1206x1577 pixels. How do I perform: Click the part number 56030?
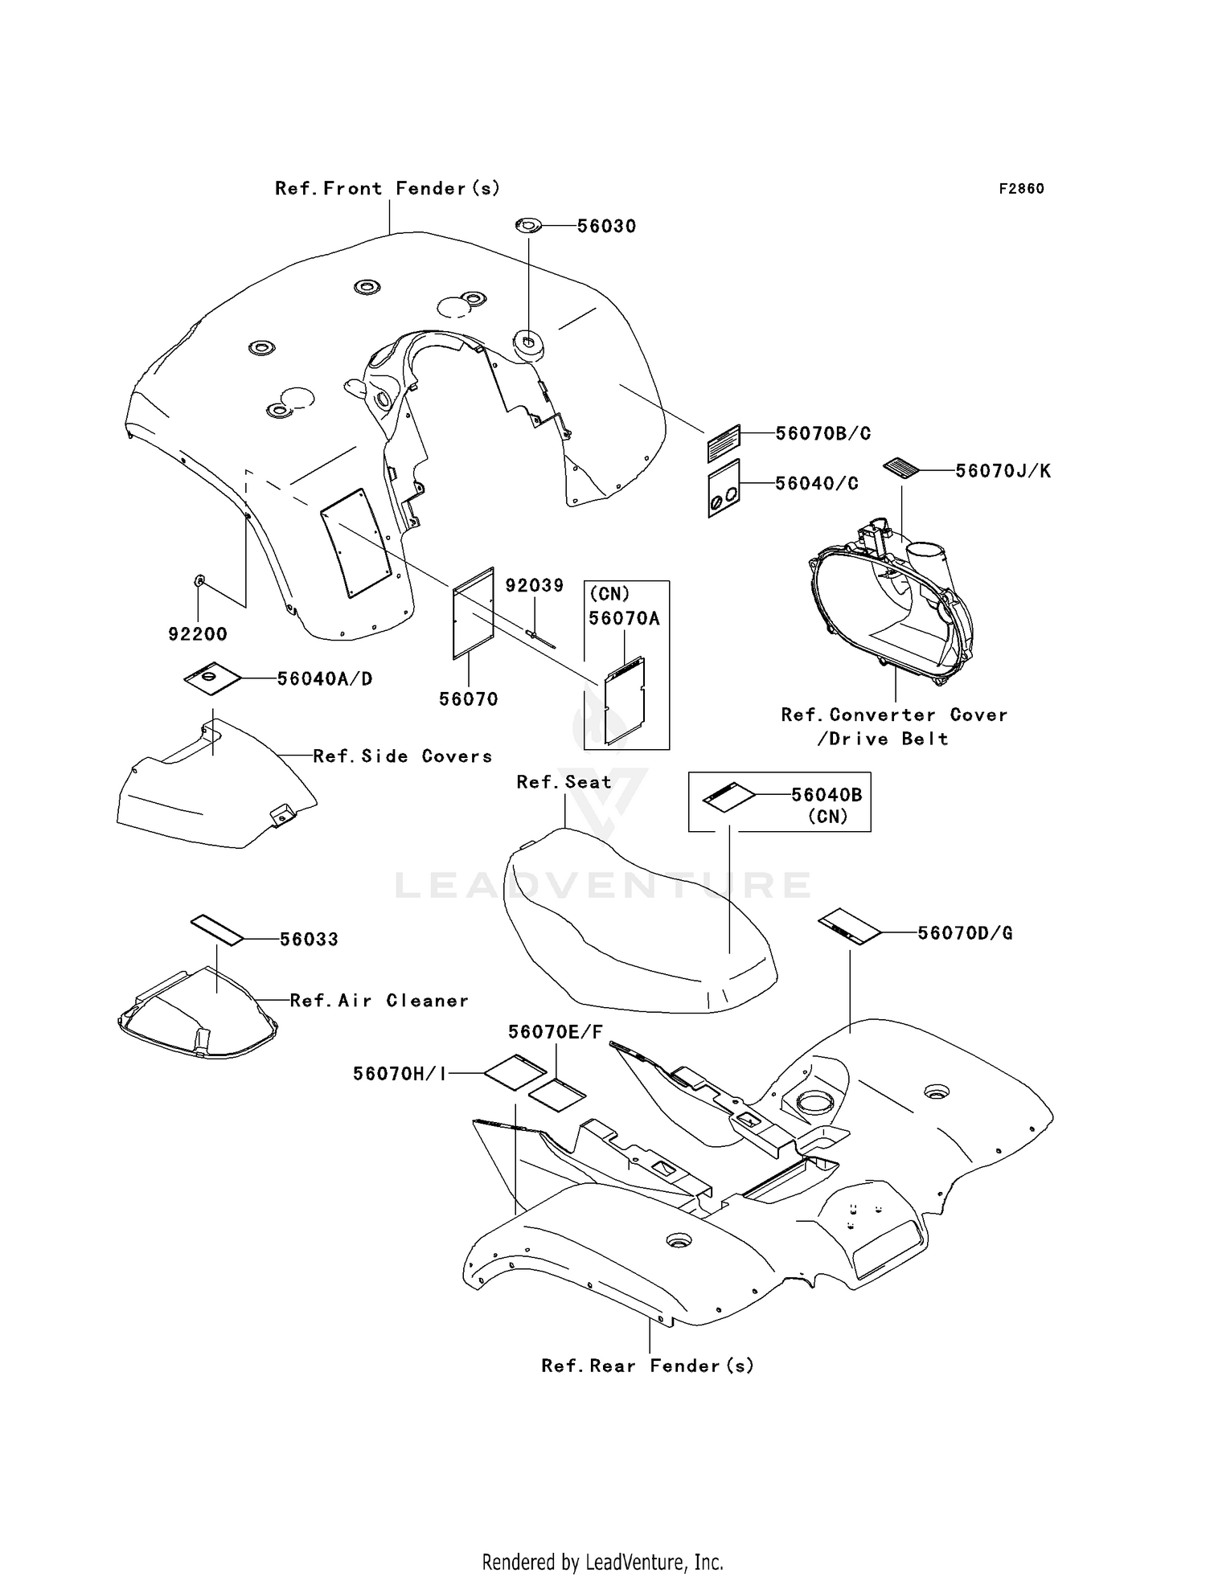coord(606,227)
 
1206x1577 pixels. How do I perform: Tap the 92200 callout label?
coord(198,634)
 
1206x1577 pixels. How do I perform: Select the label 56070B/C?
coord(822,433)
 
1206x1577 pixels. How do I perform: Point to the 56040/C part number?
coord(816,483)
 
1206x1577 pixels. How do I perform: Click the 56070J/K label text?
coord(1003,471)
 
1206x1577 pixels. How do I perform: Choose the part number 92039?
coord(535,585)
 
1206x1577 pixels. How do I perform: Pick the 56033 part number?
coord(309,939)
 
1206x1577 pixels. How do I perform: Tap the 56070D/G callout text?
coord(965,933)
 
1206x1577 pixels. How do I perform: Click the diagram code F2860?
coord(1021,189)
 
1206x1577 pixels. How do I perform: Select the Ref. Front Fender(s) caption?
coord(388,188)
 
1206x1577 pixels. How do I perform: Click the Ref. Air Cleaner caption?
coord(379,1001)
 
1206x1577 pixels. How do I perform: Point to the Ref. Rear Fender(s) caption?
coord(647,1366)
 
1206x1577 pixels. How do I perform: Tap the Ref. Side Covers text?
coord(402,756)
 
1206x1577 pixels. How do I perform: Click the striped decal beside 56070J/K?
coord(905,469)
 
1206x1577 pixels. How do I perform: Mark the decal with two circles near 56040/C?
coord(724,489)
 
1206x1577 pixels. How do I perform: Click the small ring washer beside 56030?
coord(527,227)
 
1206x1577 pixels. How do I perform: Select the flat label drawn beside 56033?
coord(216,929)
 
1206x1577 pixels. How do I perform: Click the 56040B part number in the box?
coord(827,795)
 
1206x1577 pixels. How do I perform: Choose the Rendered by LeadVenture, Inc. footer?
coord(602,1562)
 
